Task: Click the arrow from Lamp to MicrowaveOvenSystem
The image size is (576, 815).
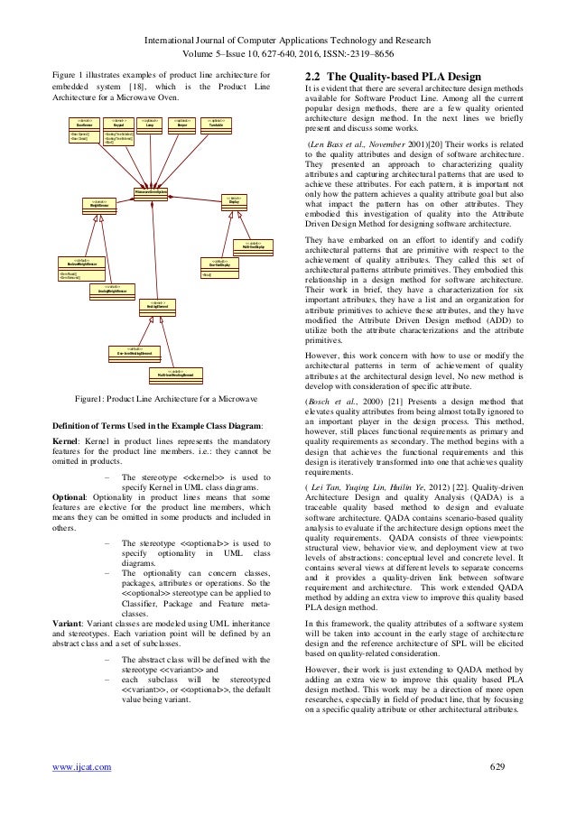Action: click(151, 162)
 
